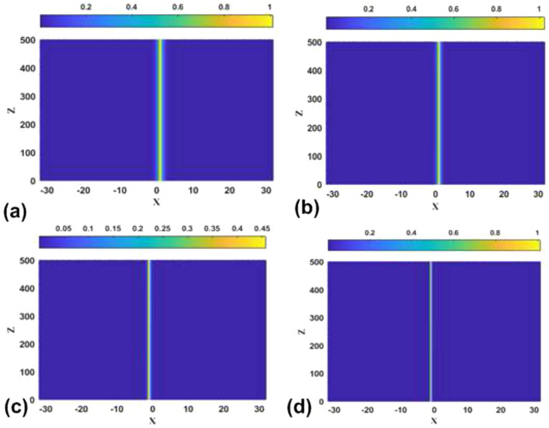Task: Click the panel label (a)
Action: [x=15, y=213]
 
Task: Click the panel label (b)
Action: [x=307, y=209]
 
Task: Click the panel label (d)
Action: [x=299, y=407]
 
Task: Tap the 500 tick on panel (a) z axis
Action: [x=28, y=40]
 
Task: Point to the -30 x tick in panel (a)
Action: [x=47, y=191]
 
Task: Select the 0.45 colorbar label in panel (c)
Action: [x=262, y=229]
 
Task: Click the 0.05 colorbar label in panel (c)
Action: [x=63, y=229]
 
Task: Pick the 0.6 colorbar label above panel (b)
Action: [x=453, y=9]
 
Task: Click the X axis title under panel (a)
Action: [x=157, y=202]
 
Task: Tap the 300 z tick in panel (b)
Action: [x=314, y=99]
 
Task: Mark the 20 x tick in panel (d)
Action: [x=501, y=410]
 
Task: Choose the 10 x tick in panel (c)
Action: [x=188, y=409]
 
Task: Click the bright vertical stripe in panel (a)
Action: [x=160, y=110]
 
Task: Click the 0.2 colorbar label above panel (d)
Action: [x=370, y=233]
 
